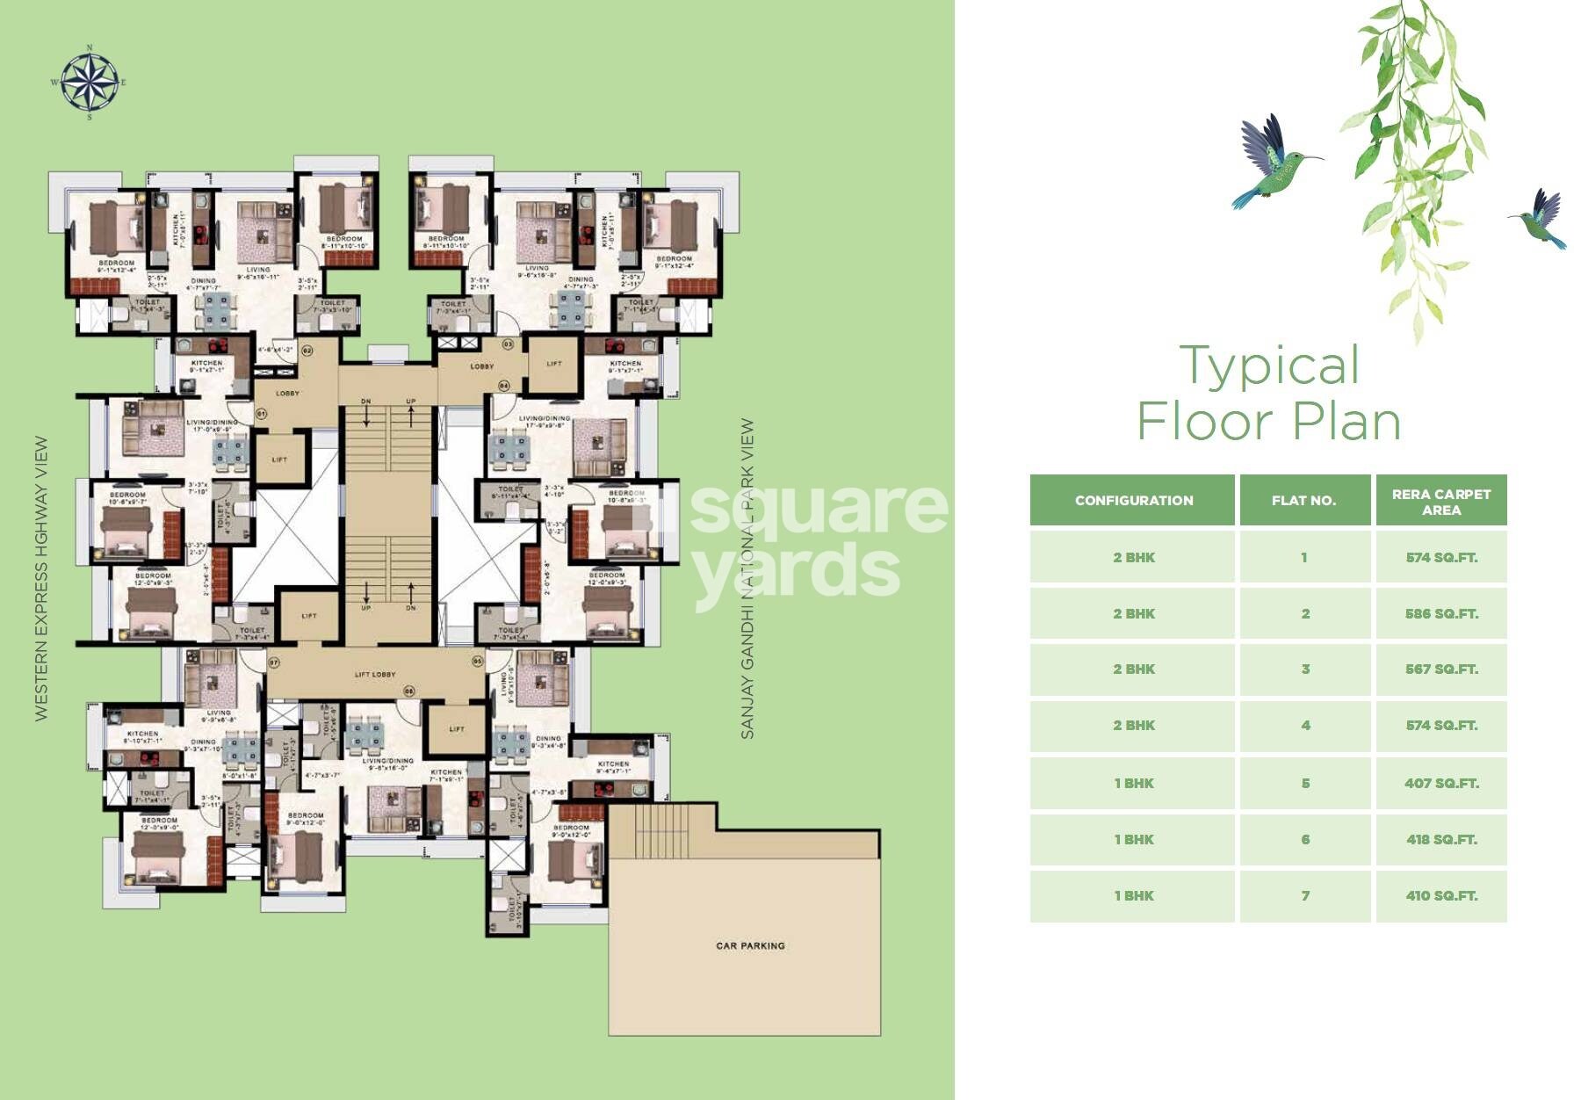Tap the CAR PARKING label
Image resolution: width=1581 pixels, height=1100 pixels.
coord(750,945)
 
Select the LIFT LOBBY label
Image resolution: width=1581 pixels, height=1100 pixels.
coord(375,675)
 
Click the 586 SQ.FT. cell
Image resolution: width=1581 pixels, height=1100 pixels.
coord(1440,613)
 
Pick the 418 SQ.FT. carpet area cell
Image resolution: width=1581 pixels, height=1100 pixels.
coord(1440,839)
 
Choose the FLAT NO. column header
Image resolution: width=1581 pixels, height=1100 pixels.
coord(1304,500)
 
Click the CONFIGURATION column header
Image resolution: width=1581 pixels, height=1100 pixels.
coord(1133,500)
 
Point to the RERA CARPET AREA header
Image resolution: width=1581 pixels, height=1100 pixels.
coord(1440,501)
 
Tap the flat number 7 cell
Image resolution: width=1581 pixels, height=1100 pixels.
coord(1304,895)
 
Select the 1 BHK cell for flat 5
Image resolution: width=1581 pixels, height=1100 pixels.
coord(1133,783)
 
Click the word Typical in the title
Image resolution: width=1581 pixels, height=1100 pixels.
coord(1269,366)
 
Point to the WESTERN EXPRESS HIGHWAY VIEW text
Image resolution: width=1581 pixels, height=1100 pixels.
coord(41,578)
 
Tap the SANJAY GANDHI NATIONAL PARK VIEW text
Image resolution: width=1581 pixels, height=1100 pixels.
coord(747,578)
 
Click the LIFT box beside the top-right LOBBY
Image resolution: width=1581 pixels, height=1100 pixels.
coord(554,364)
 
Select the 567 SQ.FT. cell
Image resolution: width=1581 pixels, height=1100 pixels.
coord(1440,669)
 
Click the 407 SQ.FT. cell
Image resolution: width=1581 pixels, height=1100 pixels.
coord(1440,783)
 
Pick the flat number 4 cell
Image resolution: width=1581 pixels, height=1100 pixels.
coord(1304,725)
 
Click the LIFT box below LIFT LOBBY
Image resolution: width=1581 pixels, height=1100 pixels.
coord(457,729)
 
